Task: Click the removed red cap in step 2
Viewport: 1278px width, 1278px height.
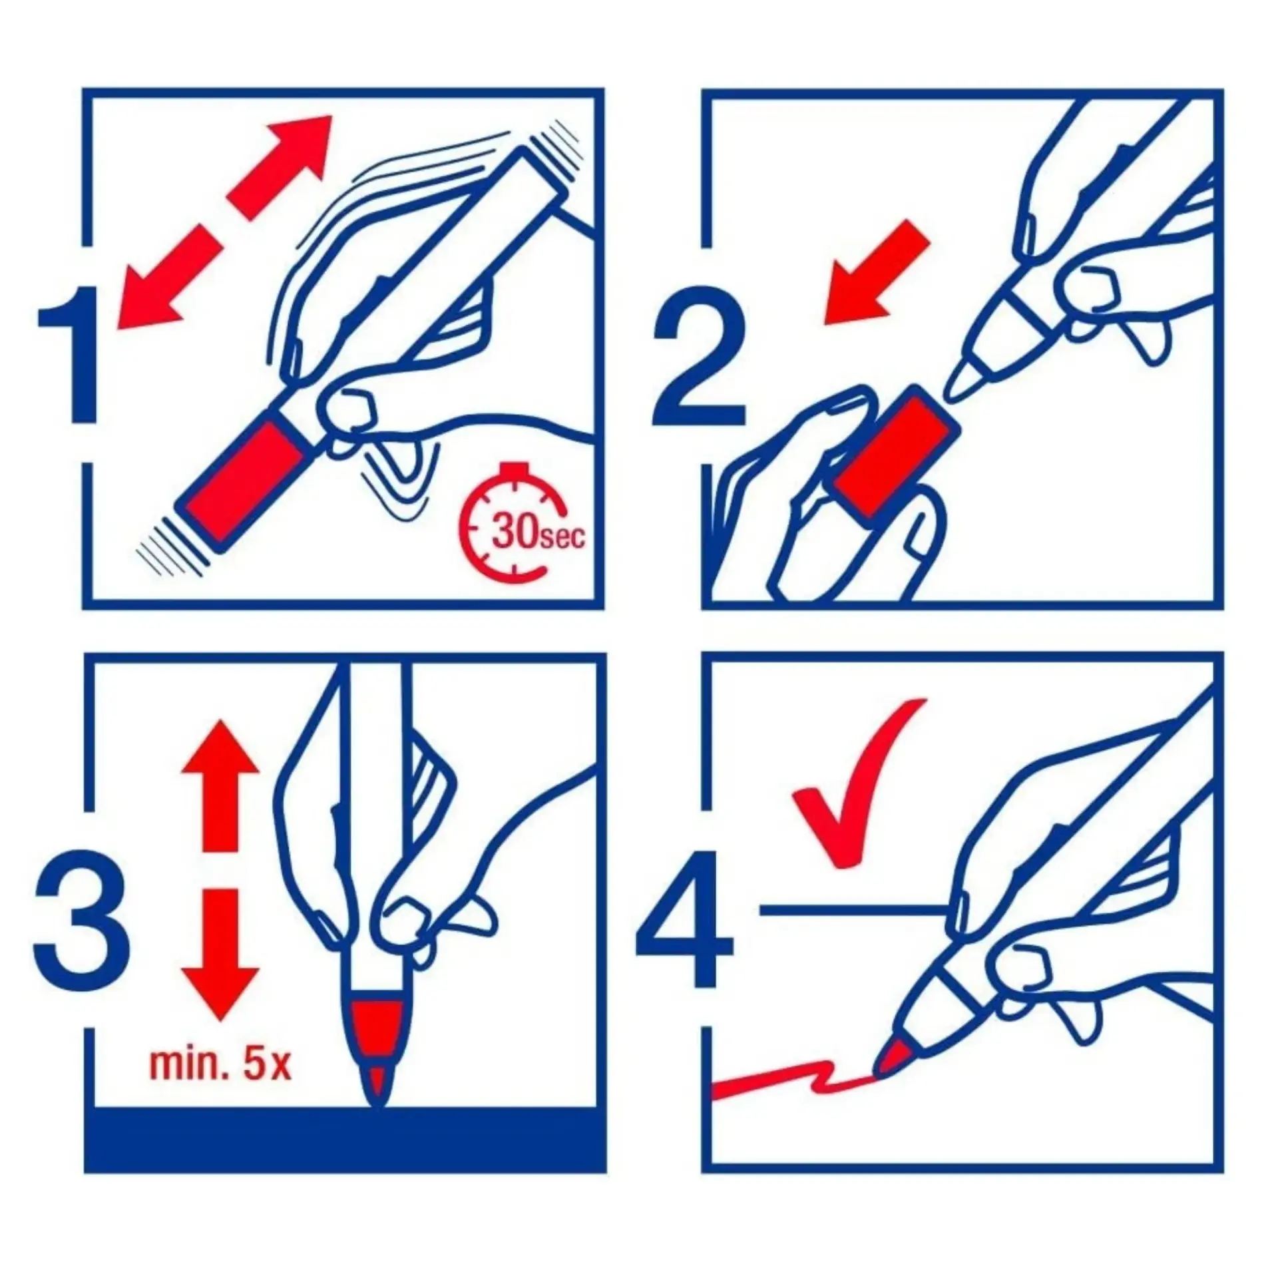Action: pyautogui.click(x=895, y=453)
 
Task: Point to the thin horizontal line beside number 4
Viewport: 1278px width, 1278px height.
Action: pyautogui.click(x=853, y=907)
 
